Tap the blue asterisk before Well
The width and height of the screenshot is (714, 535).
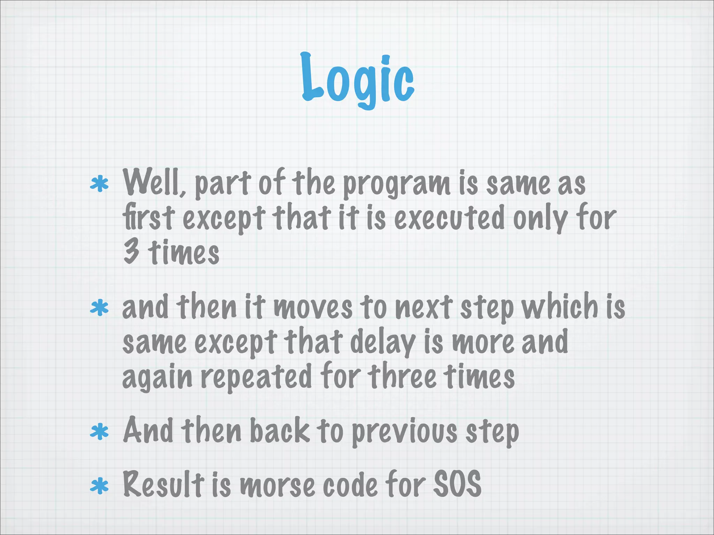tap(99, 184)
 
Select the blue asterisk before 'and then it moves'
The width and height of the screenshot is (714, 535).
tap(99, 308)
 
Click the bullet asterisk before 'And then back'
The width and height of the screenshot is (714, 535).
tap(99, 432)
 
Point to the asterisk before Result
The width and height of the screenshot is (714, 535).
tap(99, 486)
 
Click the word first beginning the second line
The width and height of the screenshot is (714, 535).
tap(148, 218)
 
